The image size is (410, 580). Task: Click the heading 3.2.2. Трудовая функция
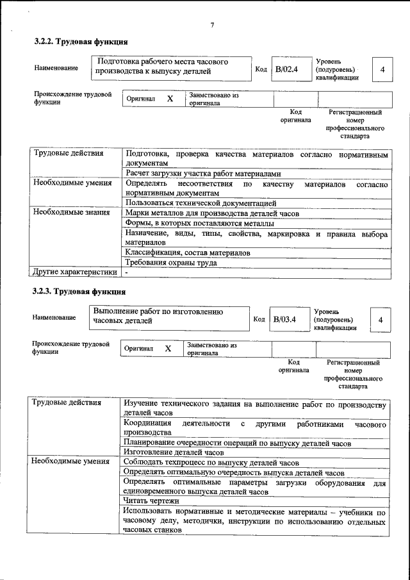point(76,42)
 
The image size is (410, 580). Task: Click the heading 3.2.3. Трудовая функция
point(75,292)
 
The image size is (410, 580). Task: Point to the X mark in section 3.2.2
point(170,99)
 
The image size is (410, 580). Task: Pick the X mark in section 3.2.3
point(168,349)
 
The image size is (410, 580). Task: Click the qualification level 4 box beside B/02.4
point(382,69)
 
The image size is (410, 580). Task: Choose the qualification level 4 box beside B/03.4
point(381,319)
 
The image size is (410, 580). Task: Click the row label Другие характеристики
point(75,272)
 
